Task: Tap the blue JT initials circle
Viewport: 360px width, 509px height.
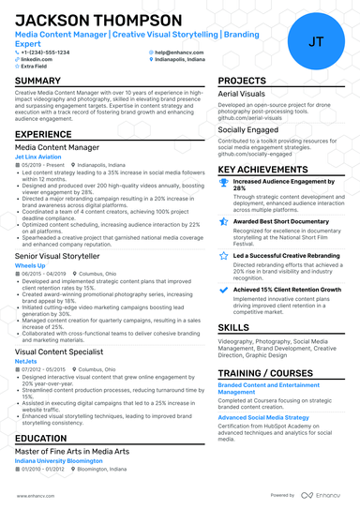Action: click(316, 40)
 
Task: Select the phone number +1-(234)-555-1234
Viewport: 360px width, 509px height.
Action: click(45, 52)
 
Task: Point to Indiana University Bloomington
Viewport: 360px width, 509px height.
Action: click(59, 460)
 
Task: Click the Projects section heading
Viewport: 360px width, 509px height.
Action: click(242, 82)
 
